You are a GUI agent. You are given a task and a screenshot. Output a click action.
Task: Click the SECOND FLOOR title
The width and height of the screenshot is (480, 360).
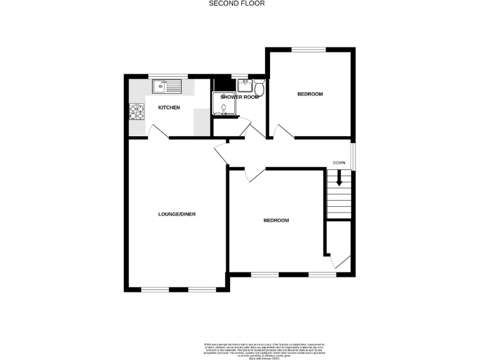tap(236, 3)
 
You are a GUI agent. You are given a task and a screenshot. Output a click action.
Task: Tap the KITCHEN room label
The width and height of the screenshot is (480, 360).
tap(169, 108)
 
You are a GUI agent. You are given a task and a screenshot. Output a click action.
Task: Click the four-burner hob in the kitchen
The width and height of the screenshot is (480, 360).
tap(137, 111)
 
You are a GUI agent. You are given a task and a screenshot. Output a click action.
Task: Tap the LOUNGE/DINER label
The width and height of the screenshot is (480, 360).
tap(177, 214)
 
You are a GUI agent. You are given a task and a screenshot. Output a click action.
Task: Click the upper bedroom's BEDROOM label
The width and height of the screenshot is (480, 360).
tap(309, 94)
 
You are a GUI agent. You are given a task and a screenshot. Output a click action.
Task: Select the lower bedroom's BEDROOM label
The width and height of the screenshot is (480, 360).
tap(276, 221)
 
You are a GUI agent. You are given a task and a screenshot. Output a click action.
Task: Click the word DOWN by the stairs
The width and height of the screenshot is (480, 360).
tap(339, 162)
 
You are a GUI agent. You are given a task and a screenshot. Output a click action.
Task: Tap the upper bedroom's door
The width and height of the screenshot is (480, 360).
tap(282, 132)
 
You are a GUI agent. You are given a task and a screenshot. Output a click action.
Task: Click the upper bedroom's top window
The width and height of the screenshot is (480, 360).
tap(309, 49)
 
